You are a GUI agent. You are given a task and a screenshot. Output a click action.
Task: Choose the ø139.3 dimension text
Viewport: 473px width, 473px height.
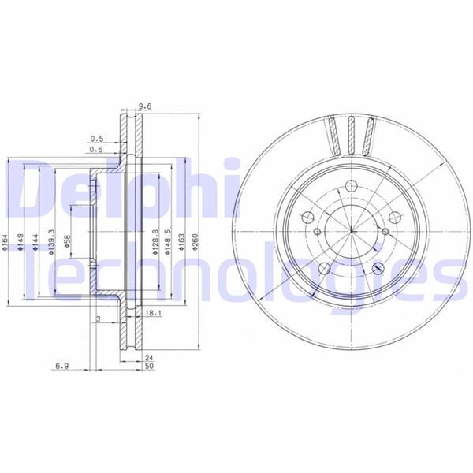click(51, 238)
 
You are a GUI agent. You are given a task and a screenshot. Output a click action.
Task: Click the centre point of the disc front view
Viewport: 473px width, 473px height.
click(349, 231)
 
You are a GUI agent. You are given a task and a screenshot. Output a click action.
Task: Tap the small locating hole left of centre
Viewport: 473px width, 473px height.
click(316, 232)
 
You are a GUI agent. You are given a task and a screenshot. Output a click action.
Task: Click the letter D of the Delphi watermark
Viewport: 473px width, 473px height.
click(35, 189)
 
